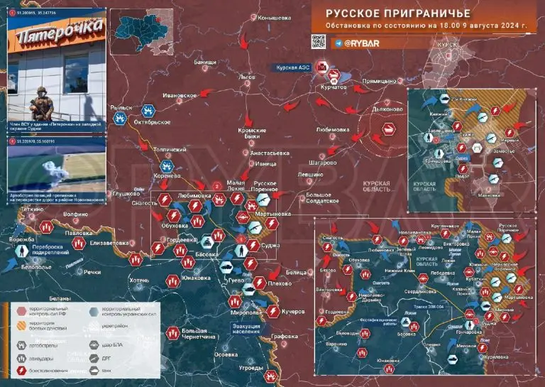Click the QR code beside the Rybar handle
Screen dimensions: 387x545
tap(319, 42)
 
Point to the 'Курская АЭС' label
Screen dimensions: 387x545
tap(294, 67)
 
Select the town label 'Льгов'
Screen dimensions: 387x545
tap(247, 77)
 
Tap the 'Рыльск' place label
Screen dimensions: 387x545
tap(121, 107)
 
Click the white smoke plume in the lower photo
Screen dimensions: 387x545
tap(50, 168)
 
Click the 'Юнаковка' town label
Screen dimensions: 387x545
tap(194, 278)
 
